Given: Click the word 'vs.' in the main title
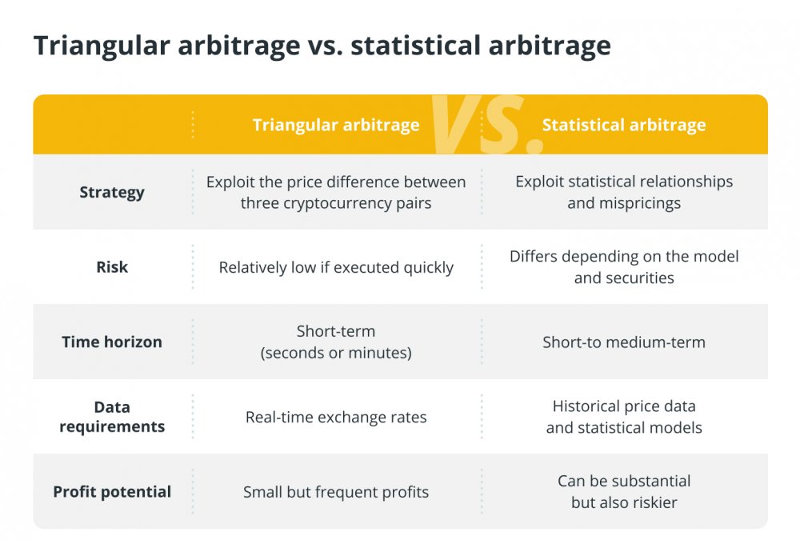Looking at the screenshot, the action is pyautogui.click(x=325, y=46).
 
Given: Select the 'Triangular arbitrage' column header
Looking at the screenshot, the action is pyautogui.click(x=336, y=125).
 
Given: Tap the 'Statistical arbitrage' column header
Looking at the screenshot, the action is pyautogui.click(x=624, y=125).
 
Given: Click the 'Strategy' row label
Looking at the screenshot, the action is pyautogui.click(x=112, y=193).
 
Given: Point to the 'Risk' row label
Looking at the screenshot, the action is pyautogui.click(x=112, y=267).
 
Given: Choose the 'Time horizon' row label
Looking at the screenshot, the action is pyautogui.click(x=112, y=342).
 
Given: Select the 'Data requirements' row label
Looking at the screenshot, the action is pyautogui.click(x=112, y=417).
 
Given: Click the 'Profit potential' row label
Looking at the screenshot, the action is pyautogui.click(x=112, y=491).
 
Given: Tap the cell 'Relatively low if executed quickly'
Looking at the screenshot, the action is pyautogui.click(x=336, y=267).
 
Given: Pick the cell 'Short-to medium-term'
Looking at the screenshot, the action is pyautogui.click(x=624, y=342).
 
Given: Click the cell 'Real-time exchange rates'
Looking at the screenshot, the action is pyautogui.click(x=336, y=417).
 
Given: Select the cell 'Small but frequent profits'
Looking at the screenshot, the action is pyautogui.click(x=336, y=492).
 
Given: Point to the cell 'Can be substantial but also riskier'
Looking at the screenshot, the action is pyautogui.click(x=624, y=491).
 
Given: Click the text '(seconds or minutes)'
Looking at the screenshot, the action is pyautogui.click(x=336, y=353).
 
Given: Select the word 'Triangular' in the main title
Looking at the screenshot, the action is pyautogui.click(x=102, y=46).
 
